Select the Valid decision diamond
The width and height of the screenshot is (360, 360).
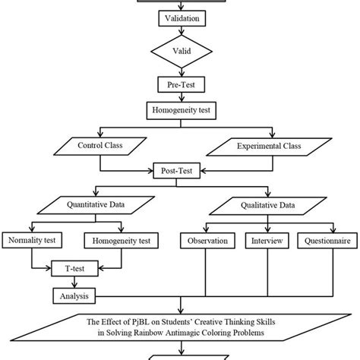click(180, 51)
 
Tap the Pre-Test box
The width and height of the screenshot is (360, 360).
click(180, 84)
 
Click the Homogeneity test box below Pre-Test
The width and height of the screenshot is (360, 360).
click(180, 109)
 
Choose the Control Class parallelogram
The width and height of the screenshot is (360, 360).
click(99, 143)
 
